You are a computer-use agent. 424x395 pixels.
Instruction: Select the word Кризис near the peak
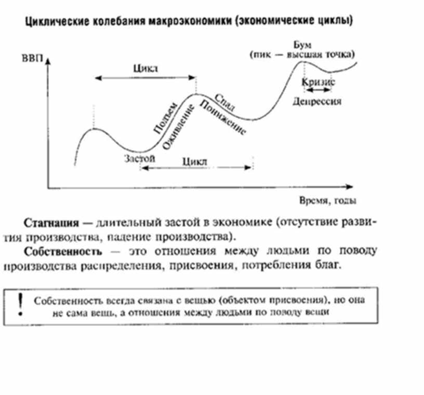(x=319, y=81)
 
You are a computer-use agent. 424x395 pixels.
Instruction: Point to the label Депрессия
(x=317, y=102)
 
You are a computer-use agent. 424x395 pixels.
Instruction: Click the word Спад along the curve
(x=224, y=102)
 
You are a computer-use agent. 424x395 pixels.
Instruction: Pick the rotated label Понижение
(x=222, y=119)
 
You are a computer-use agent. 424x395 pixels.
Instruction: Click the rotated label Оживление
(x=179, y=127)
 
